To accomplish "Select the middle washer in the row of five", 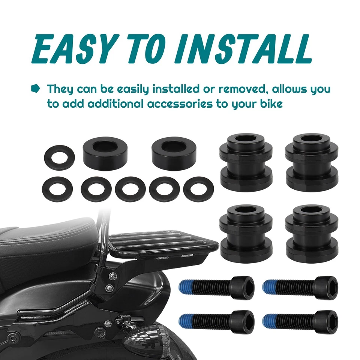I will [x=130, y=188].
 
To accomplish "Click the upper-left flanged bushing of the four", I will [x=246, y=161].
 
